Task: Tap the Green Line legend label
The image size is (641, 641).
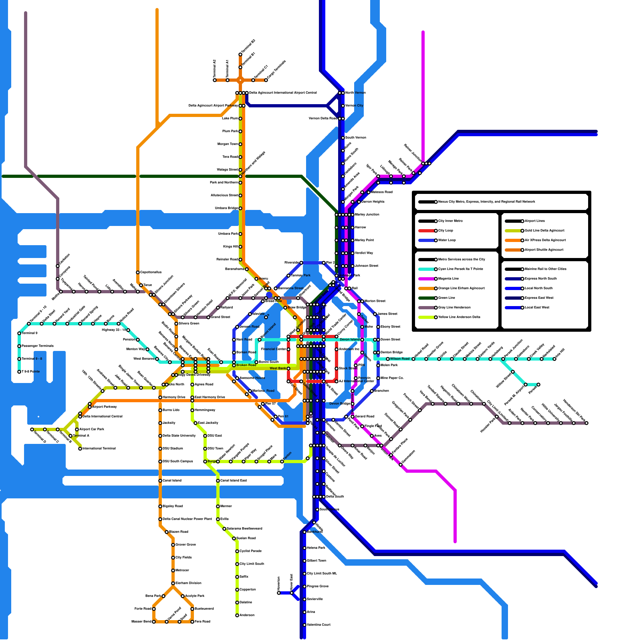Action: click(x=447, y=298)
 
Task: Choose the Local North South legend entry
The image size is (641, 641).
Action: click(x=536, y=288)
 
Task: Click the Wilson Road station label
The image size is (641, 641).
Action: click(x=400, y=359)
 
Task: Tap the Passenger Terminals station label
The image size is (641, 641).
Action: click(x=38, y=346)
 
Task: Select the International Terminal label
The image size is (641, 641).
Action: click(x=99, y=449)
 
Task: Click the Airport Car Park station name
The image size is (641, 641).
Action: click(x=92, y=429)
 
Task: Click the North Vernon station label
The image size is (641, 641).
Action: click(x=355, y=93)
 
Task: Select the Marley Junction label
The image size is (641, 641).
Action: click(x=367, y=215)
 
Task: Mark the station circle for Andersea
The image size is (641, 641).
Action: click(x=237, y=615)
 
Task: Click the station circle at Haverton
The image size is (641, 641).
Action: click(x=279, y=593)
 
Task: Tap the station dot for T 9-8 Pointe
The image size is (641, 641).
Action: click(x=19, y=372)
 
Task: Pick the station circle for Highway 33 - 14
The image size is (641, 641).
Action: click(x=128, y=330)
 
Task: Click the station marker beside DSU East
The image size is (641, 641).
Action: click(x=205, y=436)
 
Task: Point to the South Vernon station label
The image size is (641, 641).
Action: click(x=355, y=138)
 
